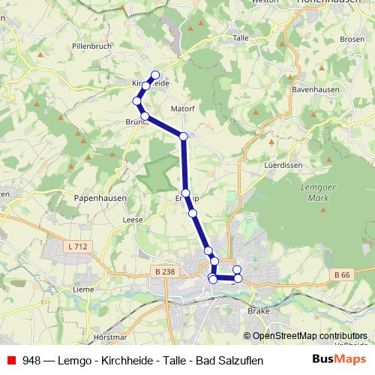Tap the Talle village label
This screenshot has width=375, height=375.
(x=241, y=37)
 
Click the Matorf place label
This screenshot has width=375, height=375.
(x=182, y=109)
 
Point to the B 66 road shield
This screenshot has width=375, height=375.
(x=342, y=276)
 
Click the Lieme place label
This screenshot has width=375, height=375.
(x=82, y=289)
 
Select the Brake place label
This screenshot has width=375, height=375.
(x=259, y=310)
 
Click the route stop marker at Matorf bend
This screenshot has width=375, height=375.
(x=183, y=136)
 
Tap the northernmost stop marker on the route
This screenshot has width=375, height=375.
(x=156, y=75)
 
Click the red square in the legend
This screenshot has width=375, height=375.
(x=11, y=359)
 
